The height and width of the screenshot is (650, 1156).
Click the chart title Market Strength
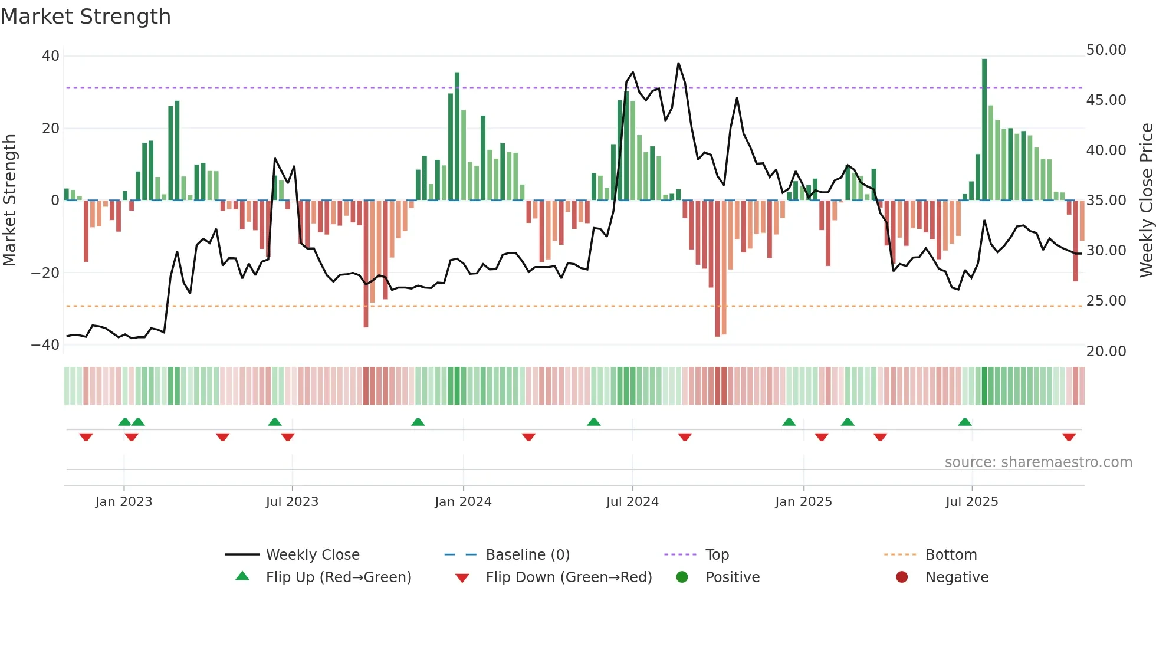pos(86,17)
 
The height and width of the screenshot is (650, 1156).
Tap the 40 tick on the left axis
pos(51,56)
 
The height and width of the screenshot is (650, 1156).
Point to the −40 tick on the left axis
pos(45,345)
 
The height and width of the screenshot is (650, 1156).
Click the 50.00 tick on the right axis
pos(1106,50)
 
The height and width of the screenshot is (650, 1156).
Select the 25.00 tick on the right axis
pos(1106,301)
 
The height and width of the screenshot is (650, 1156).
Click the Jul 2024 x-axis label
pos(632,502)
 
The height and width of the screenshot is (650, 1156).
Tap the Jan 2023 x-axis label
pos(124,502)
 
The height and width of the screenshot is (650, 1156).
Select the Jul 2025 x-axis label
pos(971,502)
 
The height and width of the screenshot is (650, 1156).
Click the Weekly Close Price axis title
pos(1146,201)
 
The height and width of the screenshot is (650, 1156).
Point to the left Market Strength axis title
pos(10,201)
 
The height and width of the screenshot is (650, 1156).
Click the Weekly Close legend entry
pos(313,555)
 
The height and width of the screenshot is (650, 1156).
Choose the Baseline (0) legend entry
pos(527,555)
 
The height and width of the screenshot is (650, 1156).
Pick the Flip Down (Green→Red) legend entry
pos(569,577)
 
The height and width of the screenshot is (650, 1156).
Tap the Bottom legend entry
pos(951,555)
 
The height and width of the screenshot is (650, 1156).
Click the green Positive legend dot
pos(682,577)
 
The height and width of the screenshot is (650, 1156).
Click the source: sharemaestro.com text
pos(1038,462)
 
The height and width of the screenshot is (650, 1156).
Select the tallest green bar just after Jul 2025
pos(984,130)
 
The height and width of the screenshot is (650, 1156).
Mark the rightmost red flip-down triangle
pos(1069,437)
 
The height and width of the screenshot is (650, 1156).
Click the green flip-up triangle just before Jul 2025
pos(965,422)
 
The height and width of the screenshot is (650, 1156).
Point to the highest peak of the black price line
pos(678,63)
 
